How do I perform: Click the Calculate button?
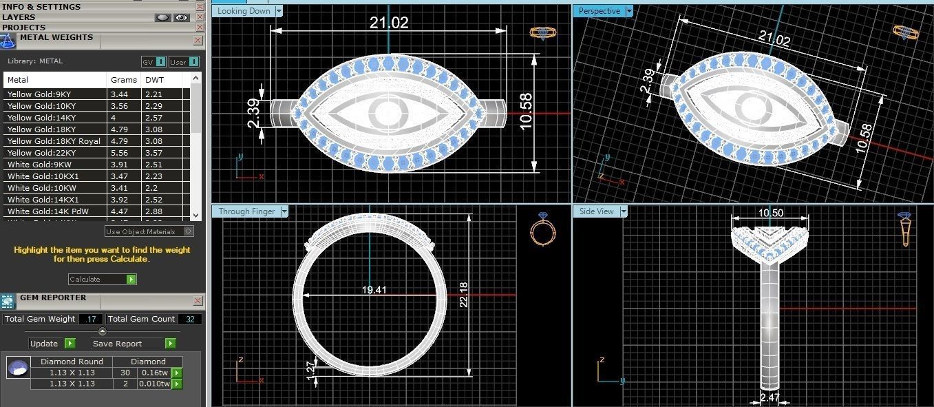pyautogui.click(x=102, y=279)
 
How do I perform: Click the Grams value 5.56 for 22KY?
pyautogui.click(x=119, y=153)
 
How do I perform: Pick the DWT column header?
pyautogui.click(x=154, y=80)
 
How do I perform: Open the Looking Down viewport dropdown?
pyautogui.click(x=279, y=11)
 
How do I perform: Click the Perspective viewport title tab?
pyautogui.click(x=599, y=11)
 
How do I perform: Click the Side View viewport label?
pyautogui.click(x=596, y=211)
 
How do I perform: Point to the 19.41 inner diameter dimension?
pyautogui.click(x=374, y=291)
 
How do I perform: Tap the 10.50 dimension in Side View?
pyautogui.click(x=770, y=213)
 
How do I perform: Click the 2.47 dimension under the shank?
pyautogui.click(x=770, y=397)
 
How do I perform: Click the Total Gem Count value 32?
pyautogui.click(x=189, y=319)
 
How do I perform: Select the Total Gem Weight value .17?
pyautogui.click(x=91, y=319)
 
